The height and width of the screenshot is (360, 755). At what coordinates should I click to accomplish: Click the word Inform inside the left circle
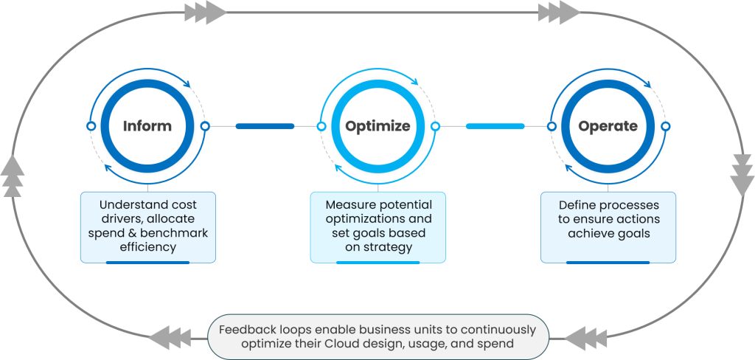(147, 126)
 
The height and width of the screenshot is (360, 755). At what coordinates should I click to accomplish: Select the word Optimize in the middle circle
(377, 126)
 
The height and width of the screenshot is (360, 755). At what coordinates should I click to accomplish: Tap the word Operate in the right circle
(608, 126)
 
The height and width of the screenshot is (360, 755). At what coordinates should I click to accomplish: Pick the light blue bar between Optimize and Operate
(495, 126)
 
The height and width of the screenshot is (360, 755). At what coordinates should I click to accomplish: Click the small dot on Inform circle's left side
(91, 126)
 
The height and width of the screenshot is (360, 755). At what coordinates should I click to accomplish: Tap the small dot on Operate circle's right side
(666, 126)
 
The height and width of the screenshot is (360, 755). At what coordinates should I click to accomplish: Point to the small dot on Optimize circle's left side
(321, 126)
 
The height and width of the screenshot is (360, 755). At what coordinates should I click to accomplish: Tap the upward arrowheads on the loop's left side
(13, 177)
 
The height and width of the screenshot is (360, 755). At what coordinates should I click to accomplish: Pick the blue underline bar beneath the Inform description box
(147, 262)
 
